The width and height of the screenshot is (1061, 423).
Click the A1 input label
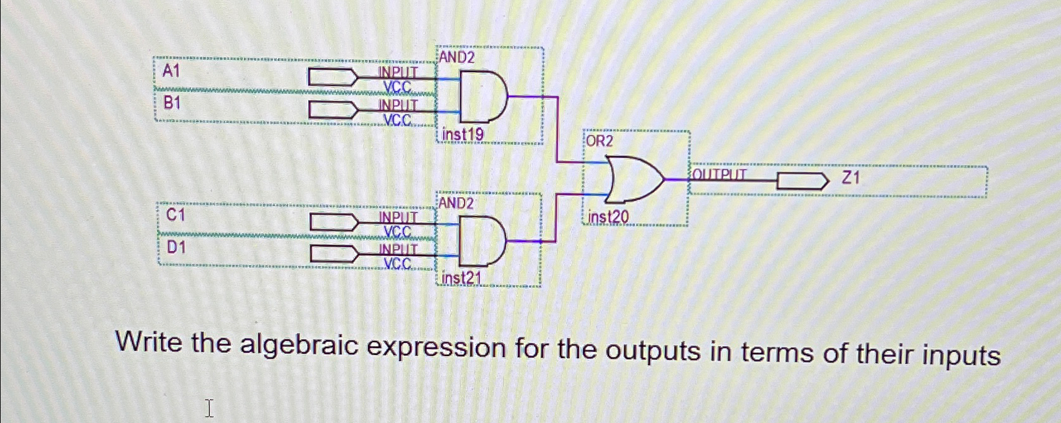[171, 71]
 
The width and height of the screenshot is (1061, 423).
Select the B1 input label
[171, 102]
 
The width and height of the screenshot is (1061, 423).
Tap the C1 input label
[175, 216]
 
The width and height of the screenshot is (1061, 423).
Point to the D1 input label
[177, 248]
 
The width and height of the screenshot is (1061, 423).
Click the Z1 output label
[851, 178]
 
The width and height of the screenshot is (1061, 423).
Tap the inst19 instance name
[463, 134]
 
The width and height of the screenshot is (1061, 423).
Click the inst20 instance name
[608, 217]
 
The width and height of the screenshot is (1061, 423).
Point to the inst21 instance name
[461, 278]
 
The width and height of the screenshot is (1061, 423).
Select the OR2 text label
[599, 141]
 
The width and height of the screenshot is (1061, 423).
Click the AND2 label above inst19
[457, 57]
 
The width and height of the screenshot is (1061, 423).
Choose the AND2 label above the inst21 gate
[456, 203]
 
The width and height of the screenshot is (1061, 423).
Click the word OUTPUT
[720, 174]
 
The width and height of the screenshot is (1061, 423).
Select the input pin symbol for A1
[332, 78]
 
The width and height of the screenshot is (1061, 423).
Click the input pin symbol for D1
[333, 254]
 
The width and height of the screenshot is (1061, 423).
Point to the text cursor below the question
[209, 408]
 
